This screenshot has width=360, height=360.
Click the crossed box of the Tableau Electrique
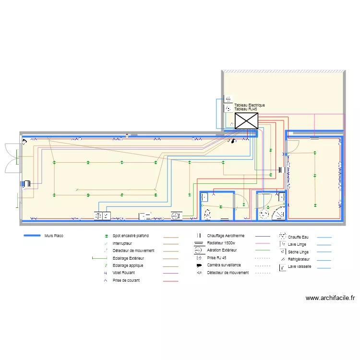tap(246, 120)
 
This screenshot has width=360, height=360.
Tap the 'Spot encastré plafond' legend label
tap(131, 236)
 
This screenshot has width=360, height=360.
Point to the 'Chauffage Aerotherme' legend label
tap(226, 236)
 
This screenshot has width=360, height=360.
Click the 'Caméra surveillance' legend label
tap(224, 265)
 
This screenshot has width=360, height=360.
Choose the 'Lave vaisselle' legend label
tap(300, 266)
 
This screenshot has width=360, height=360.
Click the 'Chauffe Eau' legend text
tap(299, 237)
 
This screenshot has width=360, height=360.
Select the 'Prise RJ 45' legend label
tap(216, 258)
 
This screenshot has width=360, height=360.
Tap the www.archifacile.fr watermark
tap(330, 298)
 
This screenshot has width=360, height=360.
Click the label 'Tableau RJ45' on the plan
tap(245, 109)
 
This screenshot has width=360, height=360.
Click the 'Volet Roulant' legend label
tap(124, 273)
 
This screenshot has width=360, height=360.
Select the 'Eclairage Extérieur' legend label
tap(131, 258)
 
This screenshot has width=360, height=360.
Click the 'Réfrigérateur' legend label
tap(299, 259)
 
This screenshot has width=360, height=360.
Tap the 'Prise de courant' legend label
tap(126, 280)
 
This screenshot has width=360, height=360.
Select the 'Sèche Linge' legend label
tap(298, 252)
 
